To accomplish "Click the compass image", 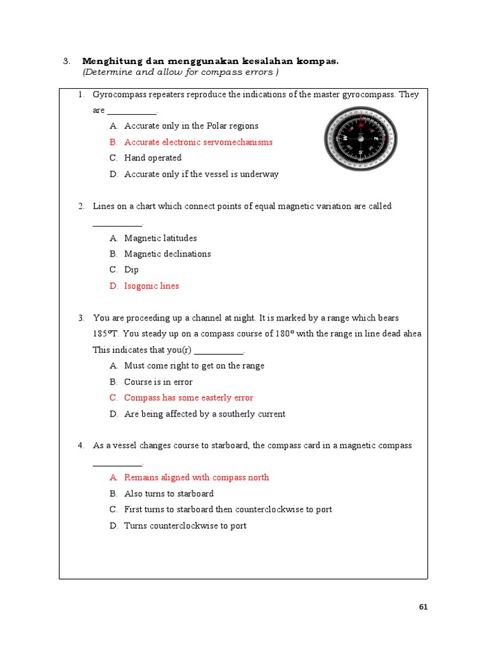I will (360, 138).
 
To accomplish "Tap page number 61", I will (424, 607).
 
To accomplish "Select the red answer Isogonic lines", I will (152, 286).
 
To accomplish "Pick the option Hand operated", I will (153, 157).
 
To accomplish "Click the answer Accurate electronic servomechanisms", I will (198, 142).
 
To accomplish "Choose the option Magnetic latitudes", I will (160, 238).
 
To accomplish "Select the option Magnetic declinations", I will (167, 254).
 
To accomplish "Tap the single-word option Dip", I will (131, 270).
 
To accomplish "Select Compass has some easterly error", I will (188, 398).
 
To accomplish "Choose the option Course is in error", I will (159, 382).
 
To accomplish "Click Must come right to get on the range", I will (194, 366).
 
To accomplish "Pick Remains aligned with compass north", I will (197, 477).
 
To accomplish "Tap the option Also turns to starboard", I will (169, 493).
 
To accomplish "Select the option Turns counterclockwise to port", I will (185, 526).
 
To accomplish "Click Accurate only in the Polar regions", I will (192, 126).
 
